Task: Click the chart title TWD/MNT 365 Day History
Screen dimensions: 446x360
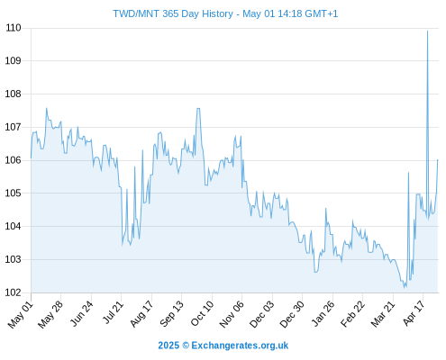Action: (x=173, y=13)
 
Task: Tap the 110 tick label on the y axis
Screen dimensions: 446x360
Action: (x=14, y=28)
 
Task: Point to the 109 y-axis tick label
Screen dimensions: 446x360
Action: (x=14, y=60)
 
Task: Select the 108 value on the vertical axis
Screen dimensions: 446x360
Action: (x=14, y=94)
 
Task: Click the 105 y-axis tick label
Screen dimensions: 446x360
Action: (x=14, y=193)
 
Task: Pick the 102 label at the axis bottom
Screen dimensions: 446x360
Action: (x=14, y=292)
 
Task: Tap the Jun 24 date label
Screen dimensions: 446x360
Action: (x=82, y=313)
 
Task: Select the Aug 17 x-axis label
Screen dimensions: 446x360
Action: (x=141, y=314)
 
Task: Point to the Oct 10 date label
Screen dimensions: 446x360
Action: (x=202, y=313)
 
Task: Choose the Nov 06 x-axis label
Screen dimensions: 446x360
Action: (x=232, y=314)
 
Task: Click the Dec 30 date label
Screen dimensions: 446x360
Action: (x=292, y=314)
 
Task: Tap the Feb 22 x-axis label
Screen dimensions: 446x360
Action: (x=352, y=314)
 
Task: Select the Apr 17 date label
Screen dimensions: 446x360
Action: (x=414, y=313)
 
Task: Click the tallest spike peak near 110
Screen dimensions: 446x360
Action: (x=427, y=31)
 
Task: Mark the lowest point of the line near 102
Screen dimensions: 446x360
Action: (x=405, y=287)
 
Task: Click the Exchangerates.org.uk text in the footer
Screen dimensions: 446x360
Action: (x=240, y=346)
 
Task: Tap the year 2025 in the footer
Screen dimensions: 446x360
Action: (x=168, y=346)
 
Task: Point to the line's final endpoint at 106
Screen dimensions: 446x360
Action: (x=438, y=160)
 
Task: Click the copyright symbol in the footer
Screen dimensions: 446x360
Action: (x=186, y=346)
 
